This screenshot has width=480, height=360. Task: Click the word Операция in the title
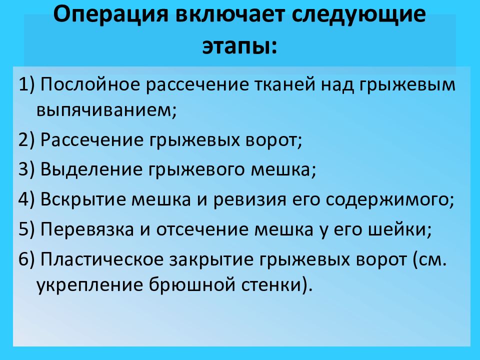(111, 14)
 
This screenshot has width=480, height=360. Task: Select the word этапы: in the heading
(239, 46)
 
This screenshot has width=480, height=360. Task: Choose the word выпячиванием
(106, 109)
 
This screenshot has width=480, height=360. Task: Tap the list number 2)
(27, 140)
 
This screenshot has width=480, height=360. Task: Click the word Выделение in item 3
(91, 169)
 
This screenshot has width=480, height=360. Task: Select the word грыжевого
(196, 170)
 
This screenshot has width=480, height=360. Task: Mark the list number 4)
(27, 199)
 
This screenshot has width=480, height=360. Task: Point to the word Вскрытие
(83, 199)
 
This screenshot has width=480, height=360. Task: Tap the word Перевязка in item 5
(87, 229)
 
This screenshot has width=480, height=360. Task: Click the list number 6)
(27, 259)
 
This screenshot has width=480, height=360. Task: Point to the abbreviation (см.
(429, 259)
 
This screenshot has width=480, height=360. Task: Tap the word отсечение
(202, 229)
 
